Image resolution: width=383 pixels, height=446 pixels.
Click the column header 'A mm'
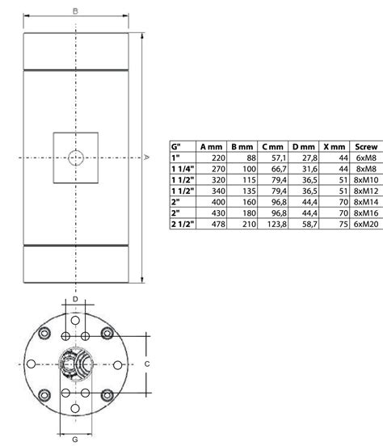[x=212, y=145]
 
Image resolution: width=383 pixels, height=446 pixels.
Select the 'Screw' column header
[x=367, y=145]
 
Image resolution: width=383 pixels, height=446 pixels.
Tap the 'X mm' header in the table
[x=333, y=145]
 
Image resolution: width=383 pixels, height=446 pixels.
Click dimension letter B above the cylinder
[x=75, y=11]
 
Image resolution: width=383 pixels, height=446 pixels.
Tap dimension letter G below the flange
[x=75, y=439]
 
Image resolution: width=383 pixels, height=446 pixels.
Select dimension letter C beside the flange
[x=146, y=364]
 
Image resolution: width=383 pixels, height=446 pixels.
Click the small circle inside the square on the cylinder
[x=75, y=158]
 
